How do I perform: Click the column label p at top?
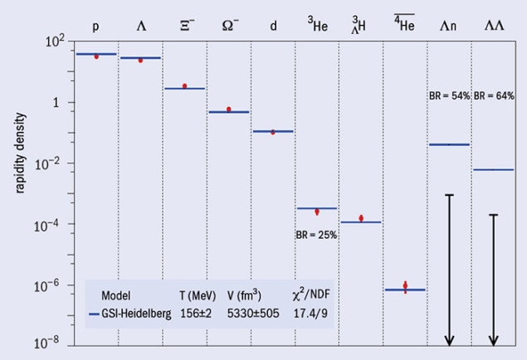[96, 26]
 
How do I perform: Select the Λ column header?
[140, 26]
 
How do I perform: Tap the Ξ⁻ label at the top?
[184, 26]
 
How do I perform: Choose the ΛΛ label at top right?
[493, 26]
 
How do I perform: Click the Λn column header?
[449, 26]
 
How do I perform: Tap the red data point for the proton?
[96, 56]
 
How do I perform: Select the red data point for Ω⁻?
[228, 109]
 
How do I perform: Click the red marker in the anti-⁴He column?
[405, 285]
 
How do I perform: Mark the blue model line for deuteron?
[272, 131]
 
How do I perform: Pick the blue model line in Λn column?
[449, 144]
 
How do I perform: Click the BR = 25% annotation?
[316, 235]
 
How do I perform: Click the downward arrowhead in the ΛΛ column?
[493, 340]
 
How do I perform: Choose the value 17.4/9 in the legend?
[310, 314]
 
